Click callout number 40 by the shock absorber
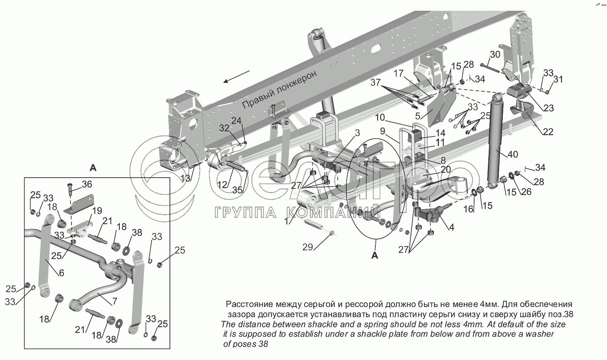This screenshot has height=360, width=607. point(513,154)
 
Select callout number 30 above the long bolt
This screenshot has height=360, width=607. point(495,55)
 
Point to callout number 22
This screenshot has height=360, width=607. point(548,132)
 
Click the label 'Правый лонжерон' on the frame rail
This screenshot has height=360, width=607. point(279,89)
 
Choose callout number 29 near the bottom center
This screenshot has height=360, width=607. point(308,247)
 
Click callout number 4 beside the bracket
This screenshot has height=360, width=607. point(451,228)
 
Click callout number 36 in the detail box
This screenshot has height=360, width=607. point(87,184)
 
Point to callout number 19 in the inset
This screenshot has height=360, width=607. point(97,211)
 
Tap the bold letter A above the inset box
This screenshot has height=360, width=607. point(93,168)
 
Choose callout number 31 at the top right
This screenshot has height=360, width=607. point(558,79)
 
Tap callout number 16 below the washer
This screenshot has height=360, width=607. point(468,209)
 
